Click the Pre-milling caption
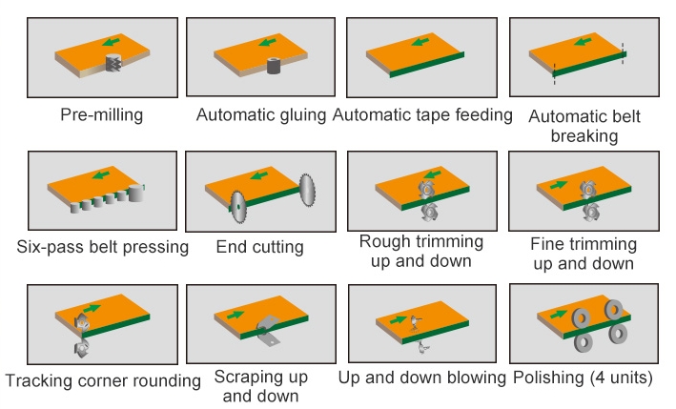pos(101,115)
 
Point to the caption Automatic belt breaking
pos(584,126)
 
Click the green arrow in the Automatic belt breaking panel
pos(577,43)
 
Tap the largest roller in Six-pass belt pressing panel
pos(139,193)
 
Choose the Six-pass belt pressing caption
pos(102,247)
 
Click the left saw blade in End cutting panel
pos(237,203)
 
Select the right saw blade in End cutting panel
pos(307,188)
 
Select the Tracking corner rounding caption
pos(103,380)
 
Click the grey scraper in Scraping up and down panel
pos(270,332)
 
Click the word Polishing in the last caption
pos(545,378)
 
